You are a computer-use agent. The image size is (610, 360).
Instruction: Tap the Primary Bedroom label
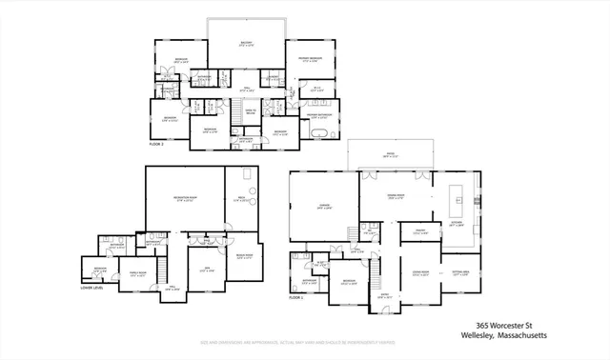[x=302, y=61]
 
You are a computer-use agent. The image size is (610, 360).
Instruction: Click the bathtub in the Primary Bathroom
[x=317, y=132]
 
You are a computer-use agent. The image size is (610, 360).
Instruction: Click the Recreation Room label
[x=184, y=200]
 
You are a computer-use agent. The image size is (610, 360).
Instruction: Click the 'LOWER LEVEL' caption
[x=91, y=290]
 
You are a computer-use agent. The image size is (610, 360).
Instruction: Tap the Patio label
[x=389, y=156]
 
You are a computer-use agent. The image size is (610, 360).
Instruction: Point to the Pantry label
[x=418, y=231]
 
